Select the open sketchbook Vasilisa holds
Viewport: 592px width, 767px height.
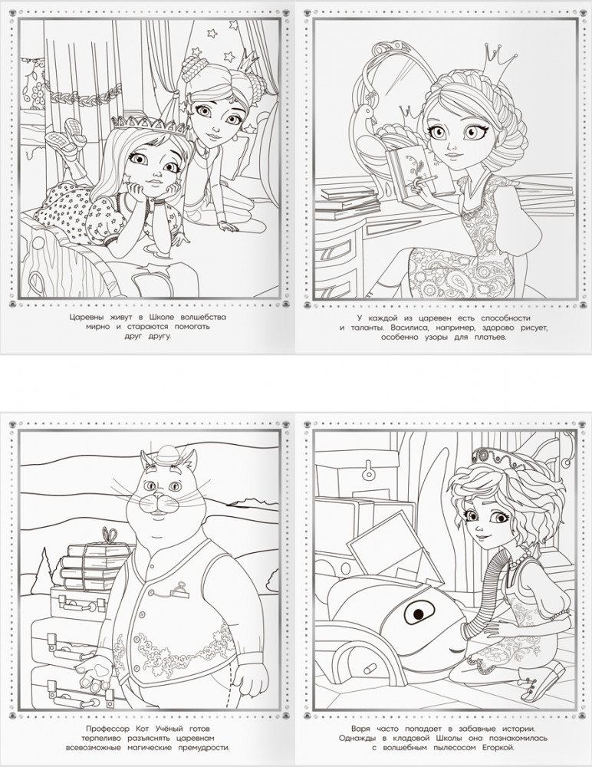(416, 173)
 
